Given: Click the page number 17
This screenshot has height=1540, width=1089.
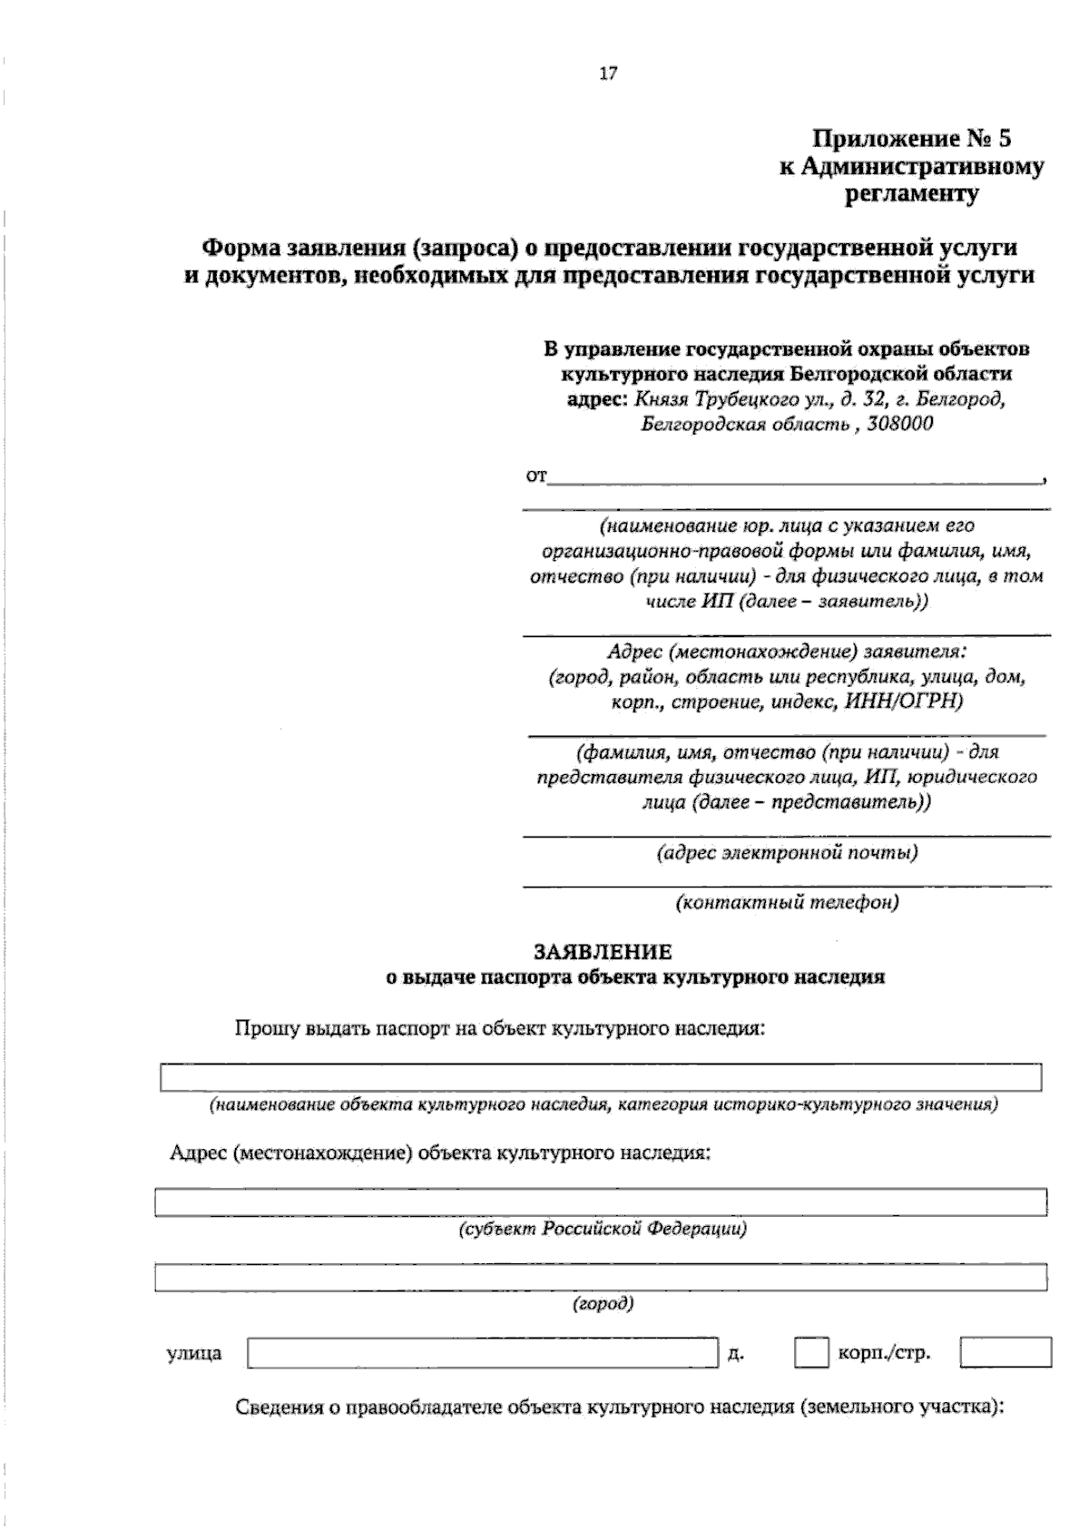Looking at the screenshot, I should tap(608, 74).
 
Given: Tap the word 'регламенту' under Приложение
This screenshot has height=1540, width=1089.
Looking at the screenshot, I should tap(911, 194).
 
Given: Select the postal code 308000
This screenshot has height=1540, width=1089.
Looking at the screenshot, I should tap(900, 424).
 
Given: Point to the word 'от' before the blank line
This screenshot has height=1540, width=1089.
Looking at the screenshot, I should tap(535, 476).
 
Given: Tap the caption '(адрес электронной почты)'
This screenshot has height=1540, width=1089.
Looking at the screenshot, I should tap(787, 853).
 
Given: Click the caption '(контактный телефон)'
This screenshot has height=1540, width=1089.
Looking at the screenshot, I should tap(787, 903).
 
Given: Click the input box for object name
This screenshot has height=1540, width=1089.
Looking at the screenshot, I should tap(600, 1077).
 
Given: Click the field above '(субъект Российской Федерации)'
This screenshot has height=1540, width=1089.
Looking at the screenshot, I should tap(600, 1202).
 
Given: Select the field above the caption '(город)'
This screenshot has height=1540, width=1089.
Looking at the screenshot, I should tap(600, 1276).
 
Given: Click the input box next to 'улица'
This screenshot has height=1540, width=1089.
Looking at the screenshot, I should tap(482, 1352).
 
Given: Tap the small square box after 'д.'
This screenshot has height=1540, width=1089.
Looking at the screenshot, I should tap(811, 1352).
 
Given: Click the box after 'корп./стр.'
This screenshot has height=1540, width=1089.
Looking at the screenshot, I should tap(1006, 1352).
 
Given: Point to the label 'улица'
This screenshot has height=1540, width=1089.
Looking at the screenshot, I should tap(194, 1354).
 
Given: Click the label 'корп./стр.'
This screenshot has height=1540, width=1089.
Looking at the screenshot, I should tap(883, 1354).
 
